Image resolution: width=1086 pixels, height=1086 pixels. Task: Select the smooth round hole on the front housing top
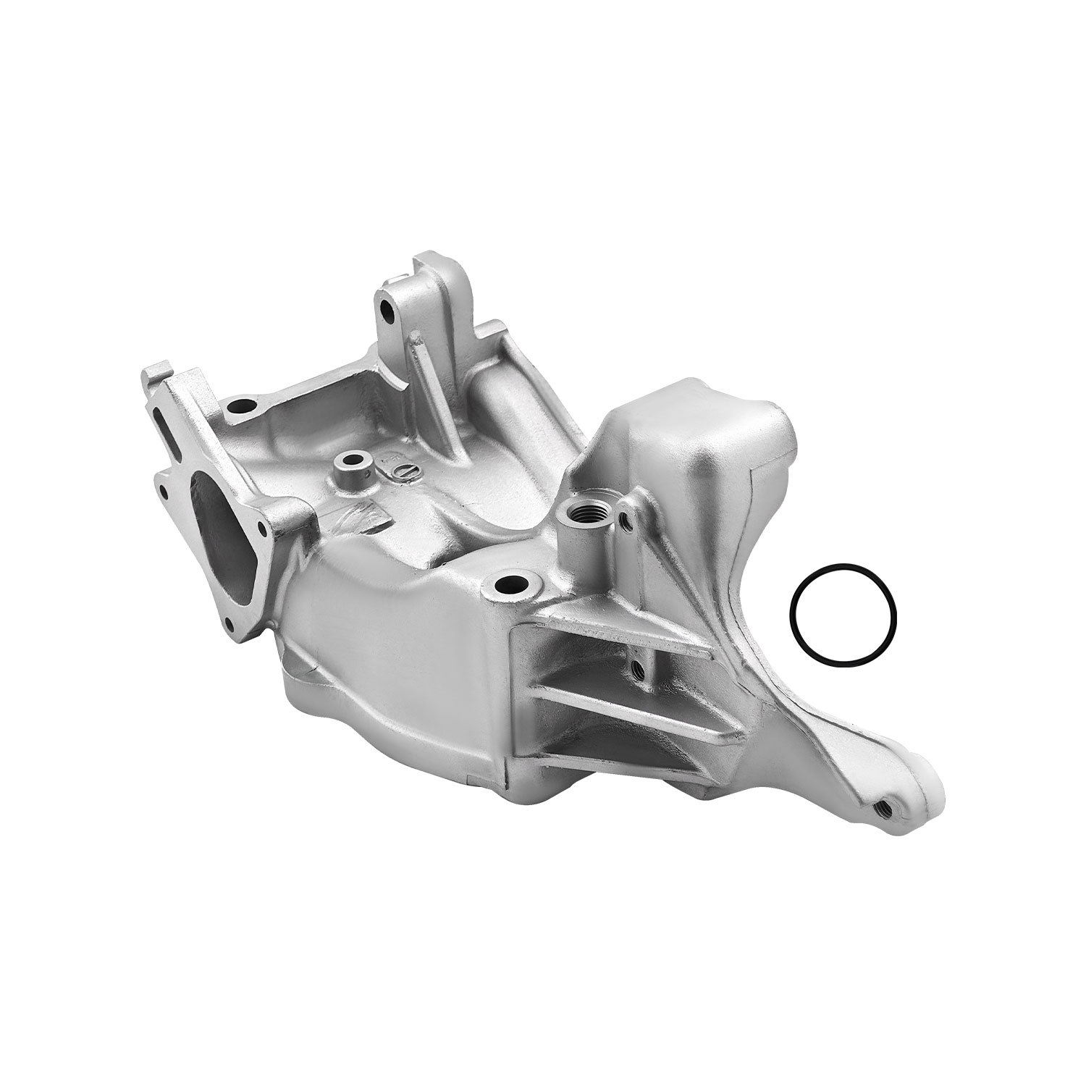click(x=515, y=583)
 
